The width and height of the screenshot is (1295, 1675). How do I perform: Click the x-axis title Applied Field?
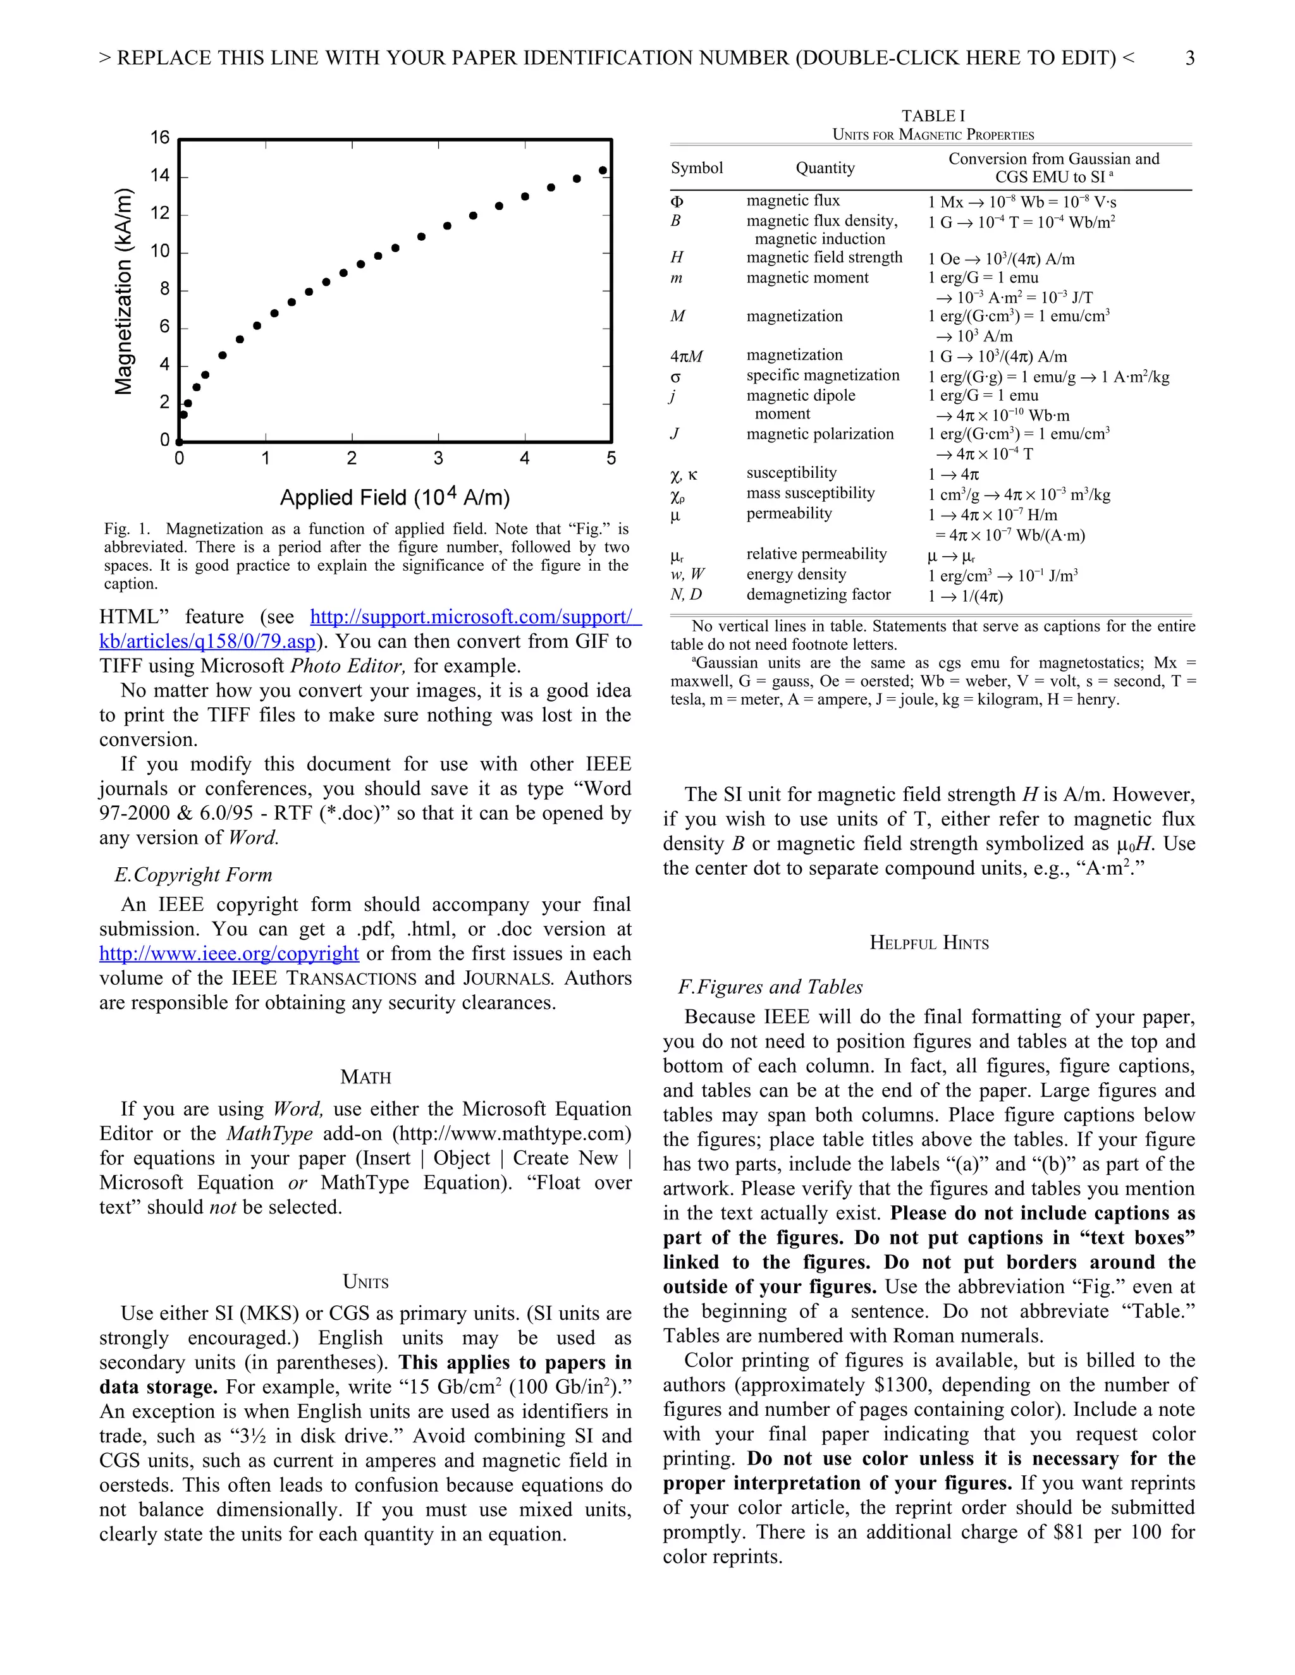pos(395,497)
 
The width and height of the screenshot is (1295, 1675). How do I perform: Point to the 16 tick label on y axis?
pos(159,138)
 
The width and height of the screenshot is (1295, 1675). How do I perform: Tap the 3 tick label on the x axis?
pos(438,459)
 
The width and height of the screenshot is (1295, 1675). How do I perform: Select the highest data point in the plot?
pos(603,170)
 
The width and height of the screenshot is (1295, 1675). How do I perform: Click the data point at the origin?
pos(180,442)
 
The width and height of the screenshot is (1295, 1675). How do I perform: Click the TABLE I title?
pos(933,116)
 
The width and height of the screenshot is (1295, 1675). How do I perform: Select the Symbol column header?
pos(697,168)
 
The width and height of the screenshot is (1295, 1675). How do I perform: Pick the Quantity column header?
pos(825,168)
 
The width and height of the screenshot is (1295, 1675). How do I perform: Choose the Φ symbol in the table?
pos(677,202)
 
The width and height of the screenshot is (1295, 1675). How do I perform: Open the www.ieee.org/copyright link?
pos(229,953)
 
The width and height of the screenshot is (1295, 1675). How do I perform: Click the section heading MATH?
pos(365,1078)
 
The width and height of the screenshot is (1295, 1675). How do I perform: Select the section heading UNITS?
pos(365,1282)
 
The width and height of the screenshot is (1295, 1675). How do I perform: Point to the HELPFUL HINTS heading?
pos(929,943)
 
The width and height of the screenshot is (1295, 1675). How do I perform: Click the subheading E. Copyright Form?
pos(193,875)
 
